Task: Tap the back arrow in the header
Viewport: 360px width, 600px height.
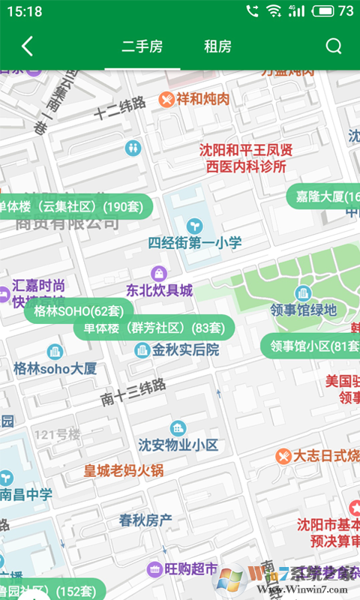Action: (x=27, y=46)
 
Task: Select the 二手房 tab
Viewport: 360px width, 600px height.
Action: (x=142, y=46)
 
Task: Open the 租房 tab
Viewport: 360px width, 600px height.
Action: (x=217, y=46)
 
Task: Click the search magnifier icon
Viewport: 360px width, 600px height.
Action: (x=334, y=46)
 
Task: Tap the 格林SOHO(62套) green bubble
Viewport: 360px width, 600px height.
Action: (x=79, y=310)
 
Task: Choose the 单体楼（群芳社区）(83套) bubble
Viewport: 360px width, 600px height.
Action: (x=154, y=328)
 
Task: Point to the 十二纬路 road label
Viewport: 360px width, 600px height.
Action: (x=119, y=109)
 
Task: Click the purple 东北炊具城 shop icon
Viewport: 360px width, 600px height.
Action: (x=158, y=273)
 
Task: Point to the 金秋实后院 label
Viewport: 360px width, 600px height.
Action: (x=185, y=349)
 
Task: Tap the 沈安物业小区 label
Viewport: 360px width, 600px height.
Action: (x=178, y=445)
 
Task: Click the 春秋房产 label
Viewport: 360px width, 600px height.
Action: (x=145, y=519)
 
